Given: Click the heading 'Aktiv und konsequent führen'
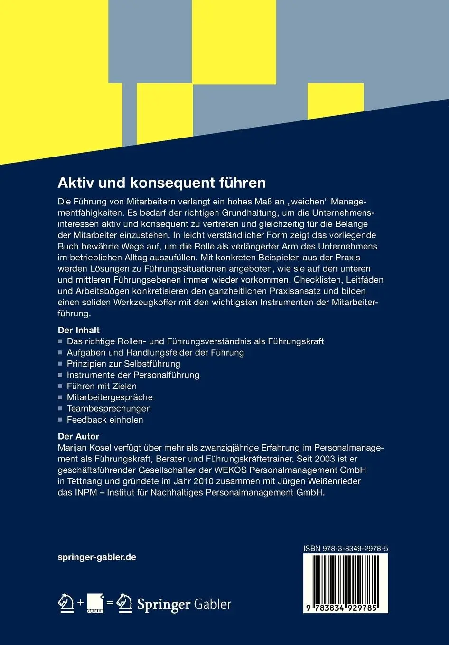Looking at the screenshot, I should click(x=161, y=183).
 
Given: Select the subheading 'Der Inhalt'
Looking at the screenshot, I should click(x=78, y=330).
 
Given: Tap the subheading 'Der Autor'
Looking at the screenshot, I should click(x=78, y=436).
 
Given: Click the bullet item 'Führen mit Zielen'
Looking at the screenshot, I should click(x=102, y=386).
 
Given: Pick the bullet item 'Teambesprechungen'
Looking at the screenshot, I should click(x=109, y=408).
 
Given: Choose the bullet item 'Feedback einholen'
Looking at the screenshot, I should click(x=105, y=420).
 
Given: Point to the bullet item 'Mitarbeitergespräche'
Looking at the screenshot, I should click(x=110, y=397).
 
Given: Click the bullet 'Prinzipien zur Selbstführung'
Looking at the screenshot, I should click(x=123, y=364).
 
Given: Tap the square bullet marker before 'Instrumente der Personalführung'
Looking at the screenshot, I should click(x=60, y=375).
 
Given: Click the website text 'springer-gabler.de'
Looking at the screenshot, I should click(x=97, y=557).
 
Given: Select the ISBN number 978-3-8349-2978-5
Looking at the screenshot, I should click(x=346, y=549).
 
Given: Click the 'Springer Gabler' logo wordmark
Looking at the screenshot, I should click(x=184, y=604).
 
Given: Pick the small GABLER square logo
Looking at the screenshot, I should click(x=95, y=603).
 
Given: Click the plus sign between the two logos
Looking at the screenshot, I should click(x=80, y=603).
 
